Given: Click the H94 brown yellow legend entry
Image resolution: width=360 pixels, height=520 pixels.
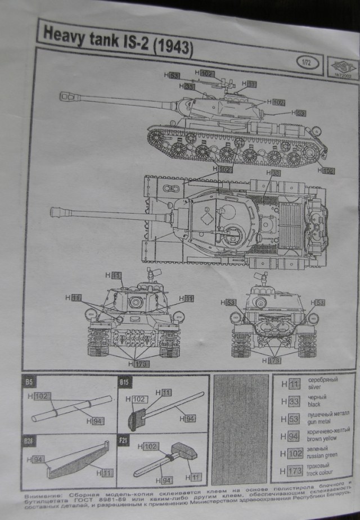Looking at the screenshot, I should tap(312, 436).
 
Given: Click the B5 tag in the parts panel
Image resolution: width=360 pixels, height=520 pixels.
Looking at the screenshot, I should tap(29, 382).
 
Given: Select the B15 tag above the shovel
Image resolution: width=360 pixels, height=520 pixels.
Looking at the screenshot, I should tap(124, 383).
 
